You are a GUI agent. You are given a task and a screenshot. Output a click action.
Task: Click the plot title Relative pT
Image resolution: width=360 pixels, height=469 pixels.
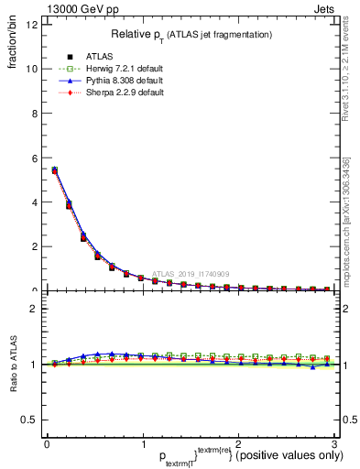tap(191, 34)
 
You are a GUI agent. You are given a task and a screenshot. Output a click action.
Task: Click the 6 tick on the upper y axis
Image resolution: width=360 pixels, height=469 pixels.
tap(33, 158)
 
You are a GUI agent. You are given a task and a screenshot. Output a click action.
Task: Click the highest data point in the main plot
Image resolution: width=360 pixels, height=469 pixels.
tap(54, 169)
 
